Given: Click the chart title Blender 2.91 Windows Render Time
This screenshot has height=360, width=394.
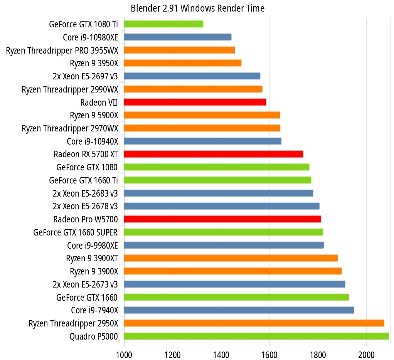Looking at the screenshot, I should (197, 8).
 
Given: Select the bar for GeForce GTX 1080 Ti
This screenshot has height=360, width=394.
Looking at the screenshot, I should (163, 24).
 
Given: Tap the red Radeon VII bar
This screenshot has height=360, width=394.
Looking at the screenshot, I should (195, 102).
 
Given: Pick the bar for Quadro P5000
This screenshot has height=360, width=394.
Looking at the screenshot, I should (256, 336).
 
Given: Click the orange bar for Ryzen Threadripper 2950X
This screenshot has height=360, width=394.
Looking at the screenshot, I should (254, 323).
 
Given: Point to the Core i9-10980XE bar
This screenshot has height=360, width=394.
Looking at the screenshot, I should (177, 37).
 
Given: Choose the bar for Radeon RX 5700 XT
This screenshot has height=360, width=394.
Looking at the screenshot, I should (213, 154).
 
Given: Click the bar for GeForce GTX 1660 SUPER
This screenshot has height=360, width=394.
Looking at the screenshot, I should (223, 232).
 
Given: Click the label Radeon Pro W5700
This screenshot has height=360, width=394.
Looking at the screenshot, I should (86, 219).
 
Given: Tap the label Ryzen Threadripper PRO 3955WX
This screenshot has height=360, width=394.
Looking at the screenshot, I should (62, 50).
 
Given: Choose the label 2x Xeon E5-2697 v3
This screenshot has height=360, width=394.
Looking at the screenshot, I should (85, 76).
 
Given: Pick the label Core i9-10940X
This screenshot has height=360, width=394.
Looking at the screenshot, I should (92, 141).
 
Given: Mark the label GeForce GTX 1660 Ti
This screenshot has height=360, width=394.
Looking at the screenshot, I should (83, 180).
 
